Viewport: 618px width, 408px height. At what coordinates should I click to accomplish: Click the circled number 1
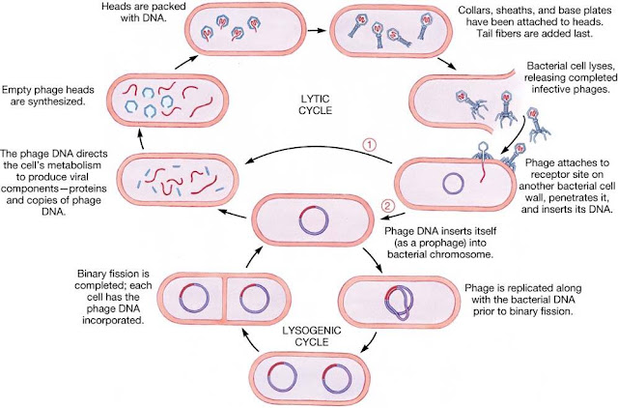coord(369,145)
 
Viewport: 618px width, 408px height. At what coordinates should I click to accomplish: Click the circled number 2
coord(388,206)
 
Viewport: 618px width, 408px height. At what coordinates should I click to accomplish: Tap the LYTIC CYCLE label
coord(315,104)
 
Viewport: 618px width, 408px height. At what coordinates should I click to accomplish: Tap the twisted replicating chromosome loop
coord(398,303)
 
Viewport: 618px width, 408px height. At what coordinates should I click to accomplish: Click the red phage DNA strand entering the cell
coord(482,171)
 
